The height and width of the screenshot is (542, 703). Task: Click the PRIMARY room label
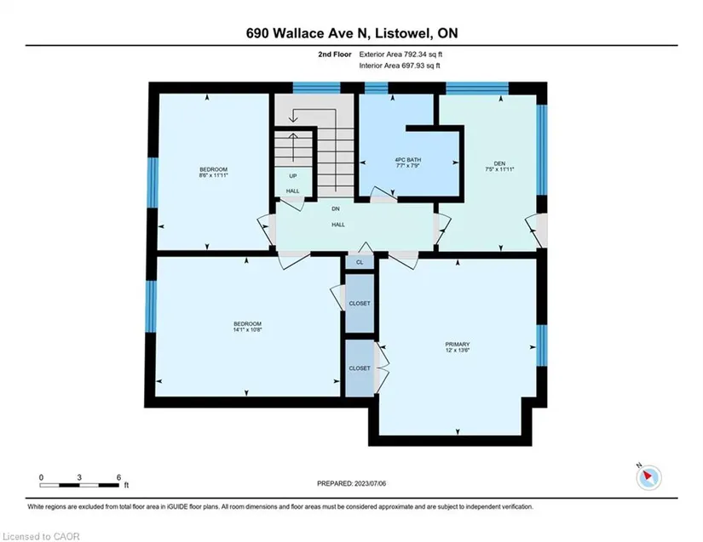458,345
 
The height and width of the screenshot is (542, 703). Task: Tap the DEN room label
499,163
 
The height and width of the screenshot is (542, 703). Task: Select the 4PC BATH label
407,160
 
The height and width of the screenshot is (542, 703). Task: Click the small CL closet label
360,262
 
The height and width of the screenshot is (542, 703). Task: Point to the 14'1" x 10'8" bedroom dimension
247,329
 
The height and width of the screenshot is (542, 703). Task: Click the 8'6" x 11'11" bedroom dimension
213,175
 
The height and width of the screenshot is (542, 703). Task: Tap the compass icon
648,477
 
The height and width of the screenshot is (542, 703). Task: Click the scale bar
79,485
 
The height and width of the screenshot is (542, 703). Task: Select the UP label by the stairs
293,176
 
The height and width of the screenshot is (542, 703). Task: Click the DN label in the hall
336,209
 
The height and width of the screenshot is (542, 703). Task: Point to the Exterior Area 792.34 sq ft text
400,54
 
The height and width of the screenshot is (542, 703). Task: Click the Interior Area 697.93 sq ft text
400,66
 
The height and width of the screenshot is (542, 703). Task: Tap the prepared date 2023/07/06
370,483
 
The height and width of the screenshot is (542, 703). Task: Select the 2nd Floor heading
335,54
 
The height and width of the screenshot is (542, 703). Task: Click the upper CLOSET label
360,304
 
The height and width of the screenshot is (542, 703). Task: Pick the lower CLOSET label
360,368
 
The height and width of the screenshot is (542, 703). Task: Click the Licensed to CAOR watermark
41,536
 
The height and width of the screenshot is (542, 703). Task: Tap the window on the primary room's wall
542,345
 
